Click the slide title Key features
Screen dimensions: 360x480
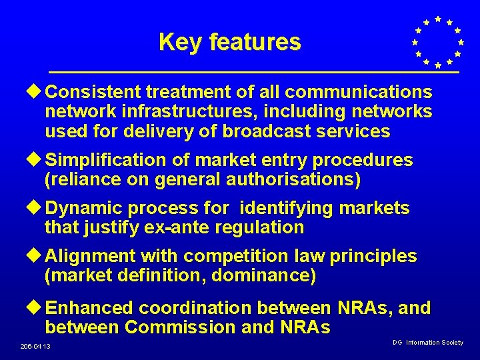point(229,43)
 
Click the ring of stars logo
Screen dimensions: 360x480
point(437,42)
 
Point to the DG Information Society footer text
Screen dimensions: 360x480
point(427,343)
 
